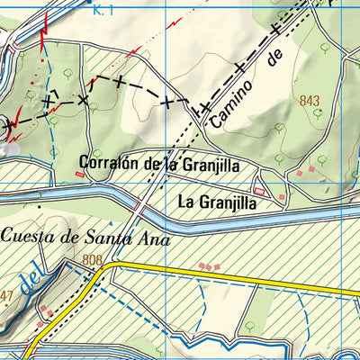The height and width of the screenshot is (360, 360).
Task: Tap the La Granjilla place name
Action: tap(218, 203)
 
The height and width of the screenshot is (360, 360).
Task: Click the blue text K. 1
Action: tap(103, 10)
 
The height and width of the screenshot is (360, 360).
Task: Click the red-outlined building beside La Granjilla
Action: tap(261, 192)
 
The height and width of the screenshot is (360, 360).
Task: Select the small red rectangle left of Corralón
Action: tap(81, 175)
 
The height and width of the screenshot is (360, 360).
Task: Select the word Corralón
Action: tap(107, 163)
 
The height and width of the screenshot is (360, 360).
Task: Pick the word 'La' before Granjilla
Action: tap(186, 203)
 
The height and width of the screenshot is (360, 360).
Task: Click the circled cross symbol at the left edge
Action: tap(9, 126)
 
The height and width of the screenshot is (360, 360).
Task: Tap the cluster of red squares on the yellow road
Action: tap(210, 266)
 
